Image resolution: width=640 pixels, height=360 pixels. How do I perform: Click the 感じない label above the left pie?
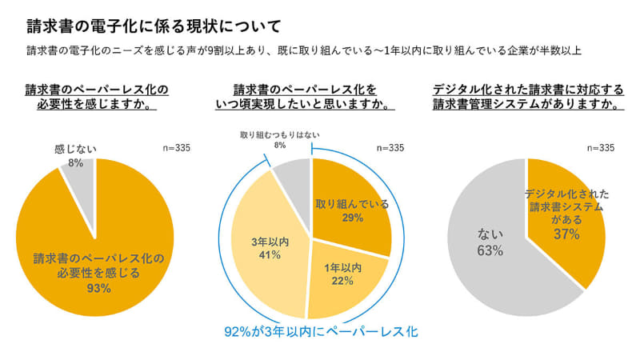[74, 150]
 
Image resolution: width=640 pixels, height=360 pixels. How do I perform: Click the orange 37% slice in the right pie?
[560, 216]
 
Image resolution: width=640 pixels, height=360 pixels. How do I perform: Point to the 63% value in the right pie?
[490, 251]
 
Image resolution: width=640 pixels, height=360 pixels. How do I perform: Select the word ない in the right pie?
[490, 235]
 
